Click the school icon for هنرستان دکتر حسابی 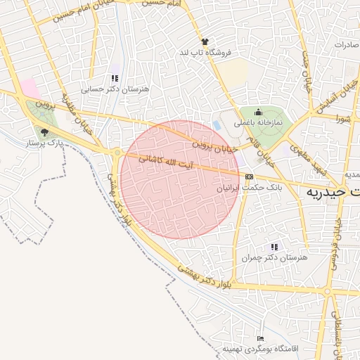tap(115, 78)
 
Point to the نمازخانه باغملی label tap(258, 122)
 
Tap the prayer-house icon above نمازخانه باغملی tap(258, 112)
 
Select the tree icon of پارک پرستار tap(45, 132)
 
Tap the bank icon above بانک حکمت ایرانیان tap(250, 176)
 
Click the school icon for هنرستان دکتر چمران tap(274, 247)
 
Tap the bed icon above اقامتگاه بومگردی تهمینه tap(261, 339)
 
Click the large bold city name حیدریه tap(335, 191)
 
